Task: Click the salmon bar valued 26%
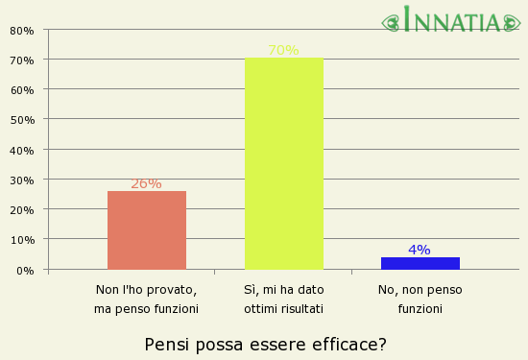click(x=147, y=230)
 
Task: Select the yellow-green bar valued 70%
click(x=284, y=164)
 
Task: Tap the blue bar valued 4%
click(x=420, y=263)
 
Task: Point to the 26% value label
click(x=146, y=183)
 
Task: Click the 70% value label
click(x=283, y=51)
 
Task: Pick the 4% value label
click(x=420, y=250)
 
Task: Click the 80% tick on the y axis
click(x=22, y=31)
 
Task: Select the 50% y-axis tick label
click(x=22, y=120)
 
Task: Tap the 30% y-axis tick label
click(x=22, y=180)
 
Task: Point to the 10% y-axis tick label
click(x=22, y=240)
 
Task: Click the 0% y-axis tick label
click(x=26, y=271)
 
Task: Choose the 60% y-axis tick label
click(x=22, y=90)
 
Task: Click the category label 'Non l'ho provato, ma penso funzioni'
click(x=146, y=299)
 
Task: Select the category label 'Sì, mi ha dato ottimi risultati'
click(x=283, y=299)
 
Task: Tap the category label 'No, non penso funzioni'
click(x=420, y=299)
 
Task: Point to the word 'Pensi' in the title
click(x=164, y=344)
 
